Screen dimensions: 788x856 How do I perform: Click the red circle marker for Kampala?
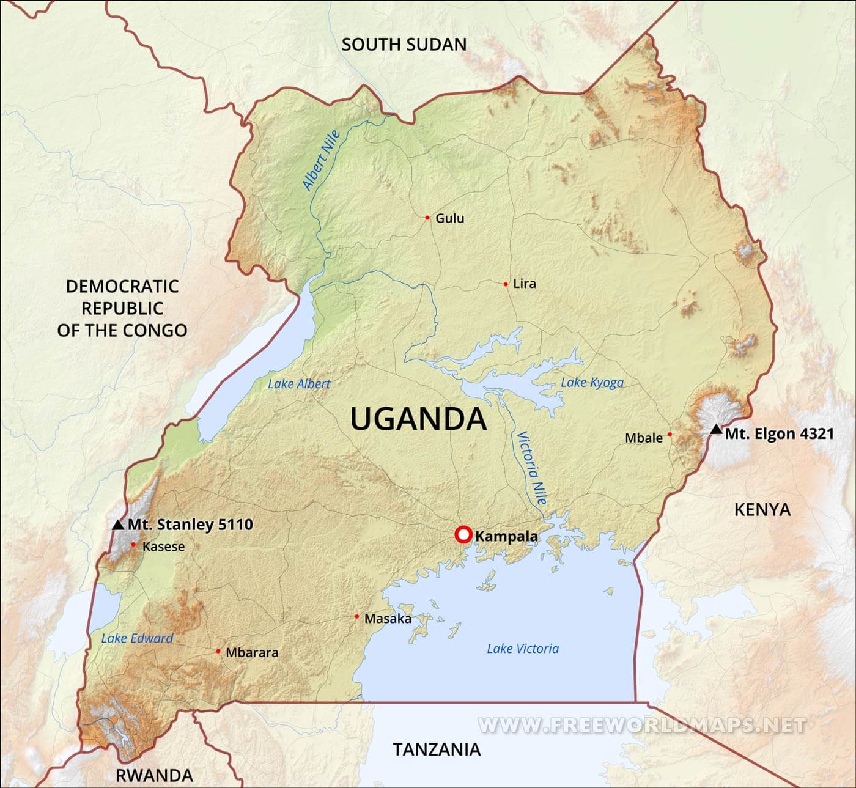click(463, 535)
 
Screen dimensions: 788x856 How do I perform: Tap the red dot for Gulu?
click(427, 218)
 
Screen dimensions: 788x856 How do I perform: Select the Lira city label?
click(524, 284)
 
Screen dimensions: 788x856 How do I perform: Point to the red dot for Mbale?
click(670, 435)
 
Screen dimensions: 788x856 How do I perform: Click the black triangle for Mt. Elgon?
click(716, 430)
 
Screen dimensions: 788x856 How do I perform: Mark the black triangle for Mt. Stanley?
click(119, 525)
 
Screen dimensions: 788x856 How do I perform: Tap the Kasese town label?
click(163, 547)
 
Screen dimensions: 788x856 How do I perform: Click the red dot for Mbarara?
click(218, 651)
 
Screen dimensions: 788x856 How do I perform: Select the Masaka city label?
click(388, 619)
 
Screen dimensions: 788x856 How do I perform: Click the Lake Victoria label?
click(523, 649)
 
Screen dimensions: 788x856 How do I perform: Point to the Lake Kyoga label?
click(592, 383)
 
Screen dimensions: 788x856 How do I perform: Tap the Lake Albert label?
click(299, 384)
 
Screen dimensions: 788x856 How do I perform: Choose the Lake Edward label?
click(137, 638)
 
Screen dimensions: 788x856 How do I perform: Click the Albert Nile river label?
click(321, 161)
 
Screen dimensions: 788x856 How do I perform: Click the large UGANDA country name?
click(418, 419)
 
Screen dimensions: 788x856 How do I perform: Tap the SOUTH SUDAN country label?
click(404, 45)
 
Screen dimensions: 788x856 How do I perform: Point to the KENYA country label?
click(762, 509)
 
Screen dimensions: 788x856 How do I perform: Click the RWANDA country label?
click(154, 776)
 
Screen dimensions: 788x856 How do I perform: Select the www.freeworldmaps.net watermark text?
click(641, 725)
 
